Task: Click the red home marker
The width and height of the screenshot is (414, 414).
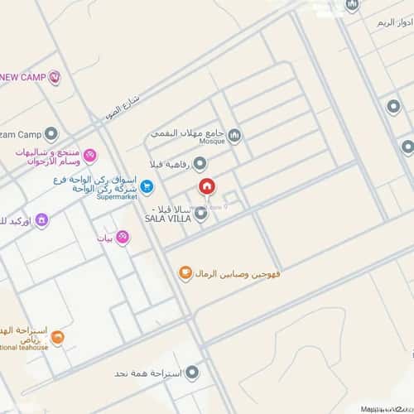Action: [205, 186]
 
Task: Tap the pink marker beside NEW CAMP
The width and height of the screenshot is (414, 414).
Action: [55, 78]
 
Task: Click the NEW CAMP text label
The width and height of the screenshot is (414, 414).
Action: [23, 78]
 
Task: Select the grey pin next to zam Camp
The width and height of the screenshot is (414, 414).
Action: [52, 133]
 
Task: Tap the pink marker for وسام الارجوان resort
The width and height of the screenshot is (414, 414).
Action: [90, 155]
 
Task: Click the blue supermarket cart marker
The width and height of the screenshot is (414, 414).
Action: [146, 185]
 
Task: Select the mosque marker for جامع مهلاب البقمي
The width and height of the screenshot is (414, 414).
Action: [234, 135]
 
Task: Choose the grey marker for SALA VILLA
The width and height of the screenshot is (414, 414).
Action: [201, 214]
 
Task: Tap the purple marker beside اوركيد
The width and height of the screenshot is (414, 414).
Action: [41, 219]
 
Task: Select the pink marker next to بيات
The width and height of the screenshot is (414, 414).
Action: [123, 238]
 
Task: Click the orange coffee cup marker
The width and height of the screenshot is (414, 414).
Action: [185, 273]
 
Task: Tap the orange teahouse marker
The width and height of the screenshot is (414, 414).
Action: [57, 337]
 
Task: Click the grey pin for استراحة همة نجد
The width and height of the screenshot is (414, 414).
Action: [192, 373]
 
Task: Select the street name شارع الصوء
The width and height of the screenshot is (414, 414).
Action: [123, 103]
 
